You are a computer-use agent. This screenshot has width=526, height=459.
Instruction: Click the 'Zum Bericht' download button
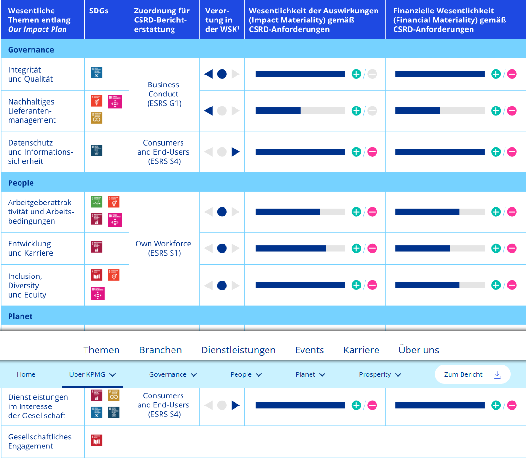472,374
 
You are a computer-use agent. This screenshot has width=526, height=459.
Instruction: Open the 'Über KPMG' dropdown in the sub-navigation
92,374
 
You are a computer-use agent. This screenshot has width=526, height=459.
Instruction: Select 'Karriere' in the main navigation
361,350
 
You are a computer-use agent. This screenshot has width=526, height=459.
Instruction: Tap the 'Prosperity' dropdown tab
380,374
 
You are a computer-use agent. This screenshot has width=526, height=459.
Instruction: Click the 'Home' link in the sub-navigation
26,374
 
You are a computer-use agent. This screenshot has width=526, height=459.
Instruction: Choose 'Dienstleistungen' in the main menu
238,350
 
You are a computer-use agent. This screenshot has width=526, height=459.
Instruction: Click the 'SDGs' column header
99,11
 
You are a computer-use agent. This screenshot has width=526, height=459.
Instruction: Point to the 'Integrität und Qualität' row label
31,75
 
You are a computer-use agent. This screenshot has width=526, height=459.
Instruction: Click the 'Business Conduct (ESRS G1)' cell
163,94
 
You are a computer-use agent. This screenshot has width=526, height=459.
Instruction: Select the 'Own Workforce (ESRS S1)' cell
163,248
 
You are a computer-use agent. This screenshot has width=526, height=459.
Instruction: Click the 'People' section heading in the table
21,183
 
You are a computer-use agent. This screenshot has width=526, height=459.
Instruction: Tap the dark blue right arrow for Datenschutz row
236,152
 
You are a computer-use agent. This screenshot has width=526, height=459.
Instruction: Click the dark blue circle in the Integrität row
222,74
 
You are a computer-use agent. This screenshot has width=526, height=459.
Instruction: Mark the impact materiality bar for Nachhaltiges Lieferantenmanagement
300,111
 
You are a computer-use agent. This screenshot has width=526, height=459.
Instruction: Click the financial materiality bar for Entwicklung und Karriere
440,248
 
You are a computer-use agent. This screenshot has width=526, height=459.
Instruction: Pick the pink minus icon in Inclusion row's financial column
512,285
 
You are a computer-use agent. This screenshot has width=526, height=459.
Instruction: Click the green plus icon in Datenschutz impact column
356,152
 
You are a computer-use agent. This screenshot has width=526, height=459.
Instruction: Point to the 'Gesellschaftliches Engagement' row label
40,441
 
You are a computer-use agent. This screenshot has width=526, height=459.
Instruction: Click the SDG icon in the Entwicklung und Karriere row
97,247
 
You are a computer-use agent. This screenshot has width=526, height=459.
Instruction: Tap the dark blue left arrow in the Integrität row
208,74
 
